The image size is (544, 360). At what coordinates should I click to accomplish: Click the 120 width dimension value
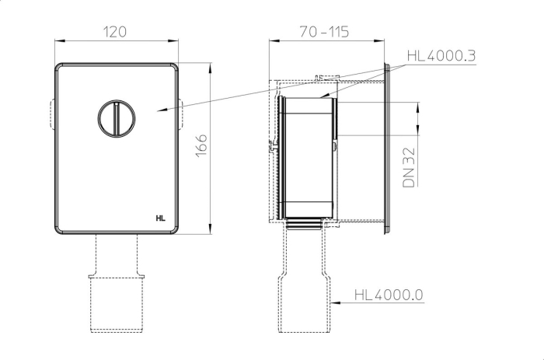[x=115, y=32]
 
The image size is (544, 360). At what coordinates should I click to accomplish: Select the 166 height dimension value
[x=201, y=145]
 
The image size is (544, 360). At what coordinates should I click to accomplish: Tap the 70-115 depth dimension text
[x=324, y=32]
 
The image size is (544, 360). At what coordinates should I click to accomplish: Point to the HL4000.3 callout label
[x=441, y=56]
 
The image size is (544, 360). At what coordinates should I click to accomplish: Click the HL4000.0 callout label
[x=389, y=295]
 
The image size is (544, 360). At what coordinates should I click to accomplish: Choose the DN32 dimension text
[x=409, y=167]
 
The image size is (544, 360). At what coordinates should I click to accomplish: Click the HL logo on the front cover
[x=160, y=218]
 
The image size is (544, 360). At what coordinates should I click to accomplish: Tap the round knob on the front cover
[x=117, y=118]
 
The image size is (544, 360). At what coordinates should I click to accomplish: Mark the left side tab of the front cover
[x=52, y=114]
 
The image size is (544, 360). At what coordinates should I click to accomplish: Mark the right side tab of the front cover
[x=181, y=114]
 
